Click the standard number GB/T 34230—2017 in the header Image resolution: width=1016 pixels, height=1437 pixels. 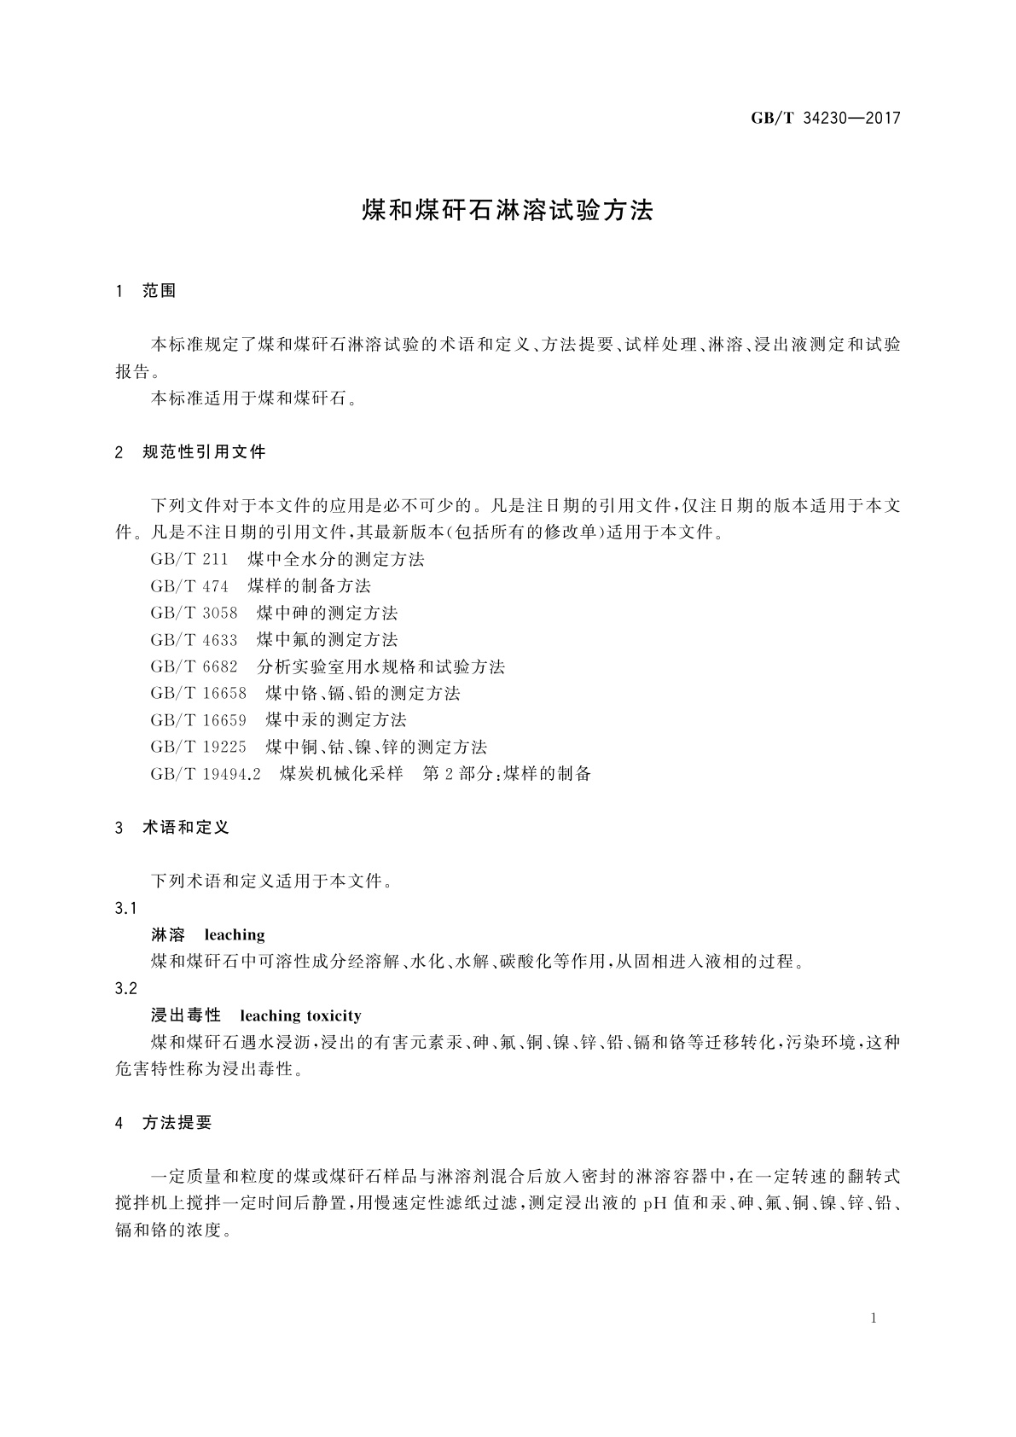click(825, 119)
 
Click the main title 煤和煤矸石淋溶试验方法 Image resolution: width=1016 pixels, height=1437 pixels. click(508, 211)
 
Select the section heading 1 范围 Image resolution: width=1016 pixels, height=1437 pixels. click(146, 291)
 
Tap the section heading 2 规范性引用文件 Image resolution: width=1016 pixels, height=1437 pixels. click(190, 452)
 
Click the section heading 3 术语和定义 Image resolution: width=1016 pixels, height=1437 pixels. click(172, 828)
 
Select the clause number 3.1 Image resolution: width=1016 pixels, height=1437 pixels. click(125, 908)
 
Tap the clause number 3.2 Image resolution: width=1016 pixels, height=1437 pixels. click(125, 988)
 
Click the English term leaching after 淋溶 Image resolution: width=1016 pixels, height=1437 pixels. click(235, 935)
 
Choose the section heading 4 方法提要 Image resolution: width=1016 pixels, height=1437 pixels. click(164, 1124)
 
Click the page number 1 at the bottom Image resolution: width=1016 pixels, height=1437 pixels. click(874, 1318)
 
